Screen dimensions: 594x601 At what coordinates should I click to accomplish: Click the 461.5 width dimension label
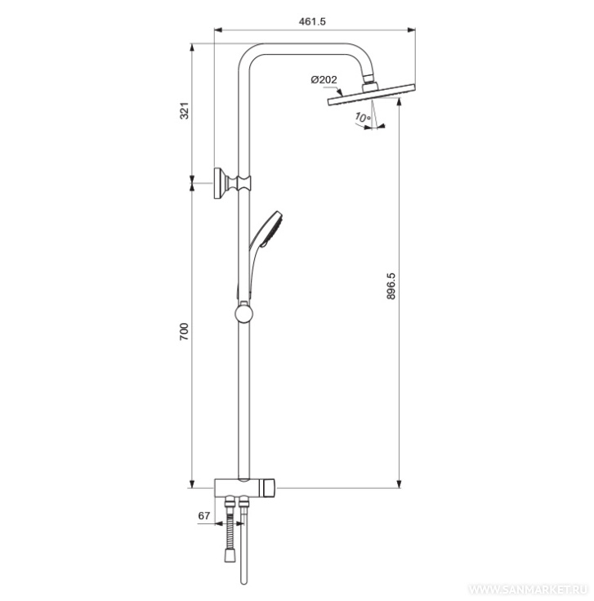[x=312, y=21]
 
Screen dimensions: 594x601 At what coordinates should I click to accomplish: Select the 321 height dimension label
[x=185, y=110]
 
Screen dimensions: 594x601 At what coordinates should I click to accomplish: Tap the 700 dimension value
[x=185, y=332]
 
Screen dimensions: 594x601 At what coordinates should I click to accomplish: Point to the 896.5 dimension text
[x=391, y=286]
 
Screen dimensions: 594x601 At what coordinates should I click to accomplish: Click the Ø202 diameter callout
[x=324, y=80]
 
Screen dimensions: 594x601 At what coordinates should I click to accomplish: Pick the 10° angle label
[x=362, y=117]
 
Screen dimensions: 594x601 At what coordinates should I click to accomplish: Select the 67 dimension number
[x=204, y=516]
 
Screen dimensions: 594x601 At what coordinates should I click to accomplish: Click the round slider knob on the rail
[x=244, y=314]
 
